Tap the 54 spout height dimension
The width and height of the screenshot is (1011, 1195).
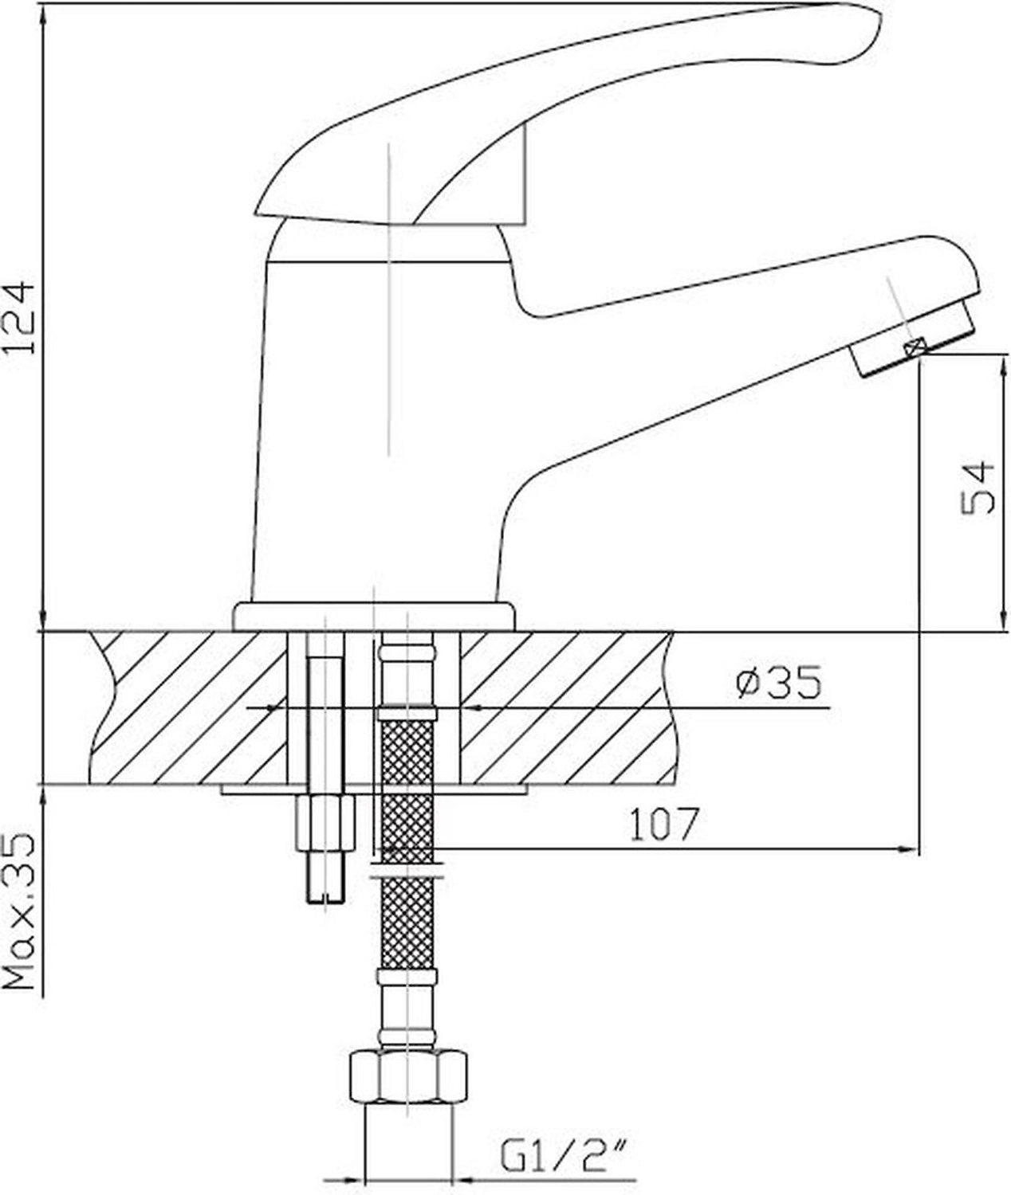click(x=978, y=488)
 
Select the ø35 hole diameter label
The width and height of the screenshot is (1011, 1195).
click(x=779, y=682)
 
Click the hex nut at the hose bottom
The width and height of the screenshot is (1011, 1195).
click(x=407, y=1078)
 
